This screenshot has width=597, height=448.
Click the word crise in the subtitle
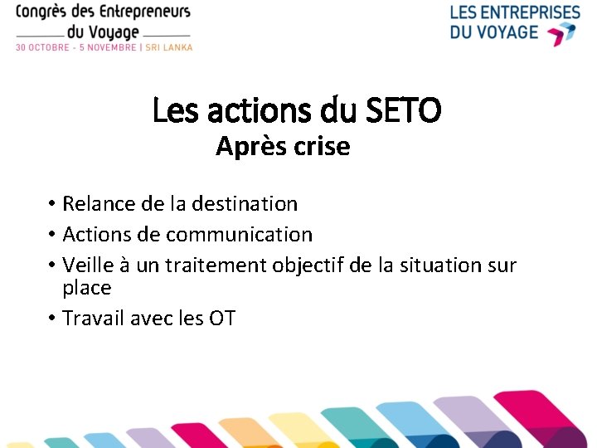321,147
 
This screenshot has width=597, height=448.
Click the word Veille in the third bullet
88,265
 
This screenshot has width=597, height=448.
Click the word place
87,288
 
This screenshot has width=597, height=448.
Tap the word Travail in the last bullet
94,318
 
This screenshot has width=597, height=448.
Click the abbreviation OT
222,318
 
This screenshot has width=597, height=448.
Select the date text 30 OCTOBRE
44,47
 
